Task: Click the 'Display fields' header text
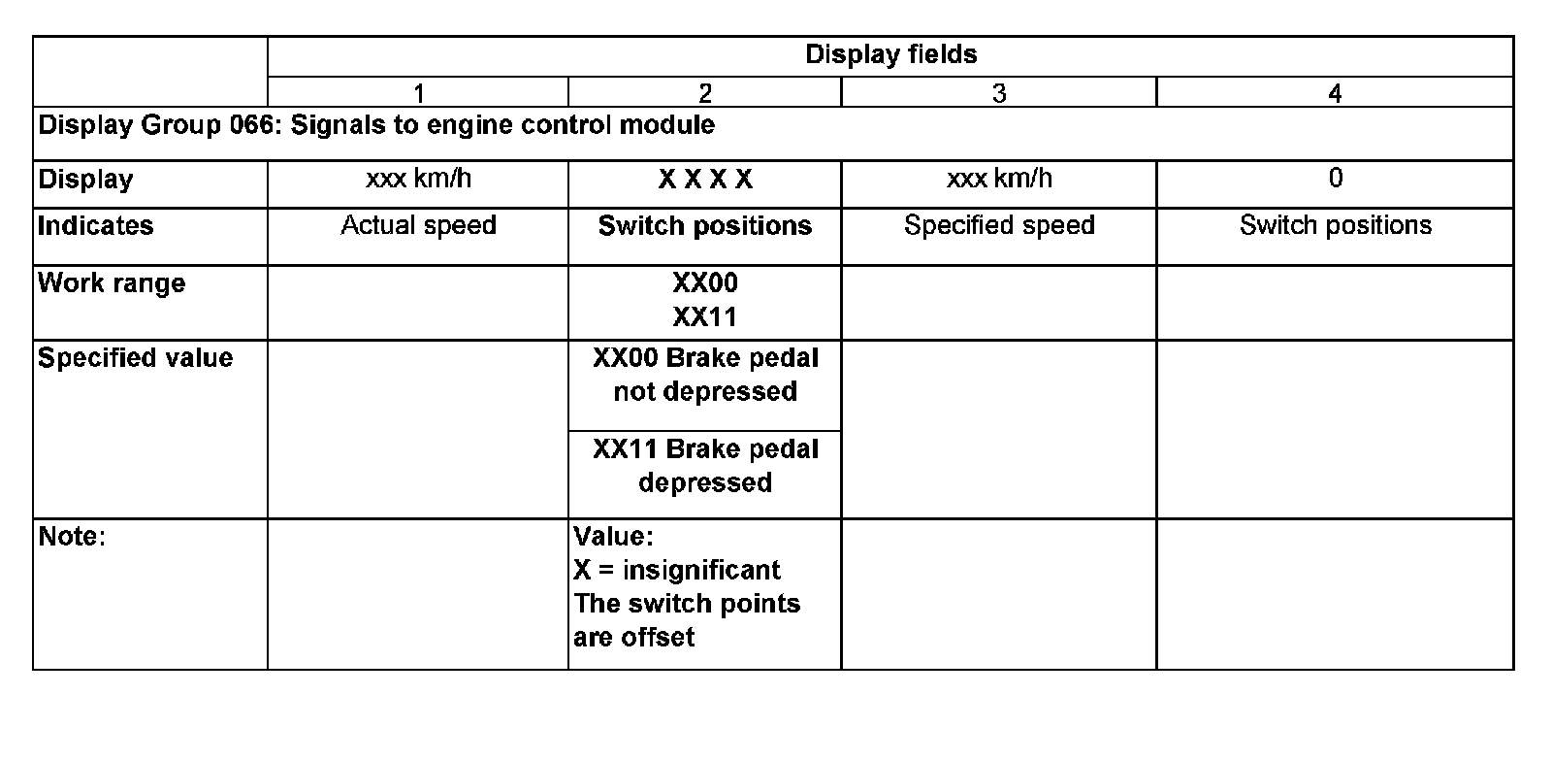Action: coord(890,54)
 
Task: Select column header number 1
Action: coord(418,93)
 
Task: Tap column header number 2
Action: coord(705,93)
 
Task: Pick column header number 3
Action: coord(999,93)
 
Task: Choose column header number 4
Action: coord(1335,93)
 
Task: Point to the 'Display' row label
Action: coord(85,180)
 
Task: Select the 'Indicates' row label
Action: coord(95,226)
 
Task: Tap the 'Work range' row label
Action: coord(111,283)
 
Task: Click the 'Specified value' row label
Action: coord(135,358)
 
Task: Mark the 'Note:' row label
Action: coord(71,537)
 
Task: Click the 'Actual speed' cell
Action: coord(418,226)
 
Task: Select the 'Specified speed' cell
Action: coord(999,226)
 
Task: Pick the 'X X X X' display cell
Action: coord(705,180)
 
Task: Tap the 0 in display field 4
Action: coord(1335,179)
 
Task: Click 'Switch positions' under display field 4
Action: coord(1335,226)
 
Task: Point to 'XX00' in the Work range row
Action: coord(705,283)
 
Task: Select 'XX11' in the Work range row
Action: coord(705,317)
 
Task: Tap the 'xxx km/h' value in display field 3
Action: coord(999,179)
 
